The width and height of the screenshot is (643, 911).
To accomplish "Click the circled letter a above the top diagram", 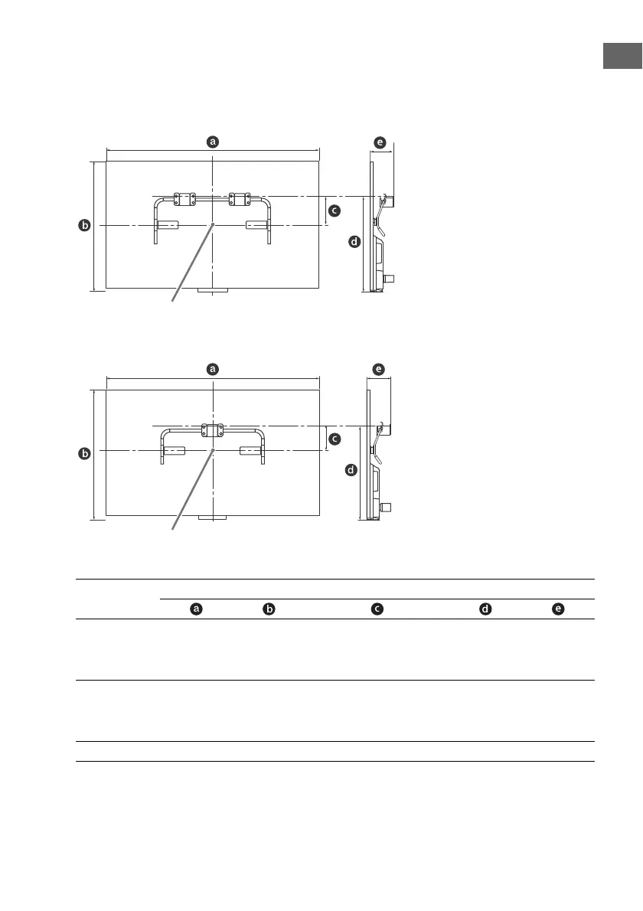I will (x=214, y=141).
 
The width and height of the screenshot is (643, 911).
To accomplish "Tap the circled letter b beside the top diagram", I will (x=85, y=226).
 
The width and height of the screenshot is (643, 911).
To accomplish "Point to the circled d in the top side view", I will (x=354, y=243).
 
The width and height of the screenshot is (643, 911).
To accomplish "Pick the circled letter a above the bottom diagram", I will (x=214, y=368).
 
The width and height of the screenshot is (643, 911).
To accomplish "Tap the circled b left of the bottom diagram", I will (x=85, y=454).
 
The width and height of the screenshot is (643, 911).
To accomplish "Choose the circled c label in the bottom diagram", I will (x=334, y=439).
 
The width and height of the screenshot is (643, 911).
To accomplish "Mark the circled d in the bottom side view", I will (x=351, y=470).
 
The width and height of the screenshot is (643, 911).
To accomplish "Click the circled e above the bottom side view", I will (x=379, y=369).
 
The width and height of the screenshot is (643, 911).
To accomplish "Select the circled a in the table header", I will (x=197, y=609).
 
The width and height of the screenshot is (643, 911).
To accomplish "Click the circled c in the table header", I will (x=377, y=609).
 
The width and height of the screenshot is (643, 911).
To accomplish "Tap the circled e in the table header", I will (x=559, y=609).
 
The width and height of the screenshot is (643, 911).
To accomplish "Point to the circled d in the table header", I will (x=485, y=609).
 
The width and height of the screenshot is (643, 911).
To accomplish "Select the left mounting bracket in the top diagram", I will (x=184, y=199).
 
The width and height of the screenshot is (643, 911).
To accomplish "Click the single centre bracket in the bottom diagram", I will (x=212, y=430).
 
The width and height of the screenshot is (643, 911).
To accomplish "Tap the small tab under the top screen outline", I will (x=213, y=292).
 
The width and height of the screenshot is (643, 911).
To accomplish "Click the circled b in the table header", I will (x=269, y=609).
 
